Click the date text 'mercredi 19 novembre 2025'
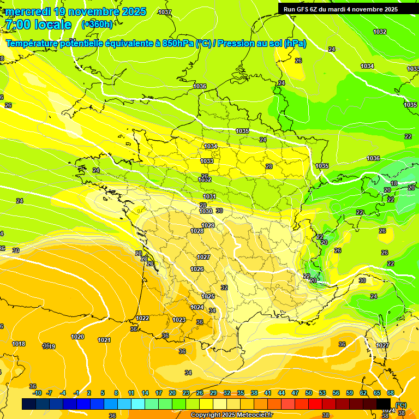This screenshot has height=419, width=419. [x=76, y=11]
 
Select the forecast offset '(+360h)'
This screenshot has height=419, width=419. [x=97, y=25]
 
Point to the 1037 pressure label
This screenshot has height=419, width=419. [x=164, y=12]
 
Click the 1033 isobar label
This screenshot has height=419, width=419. [x=207, y=161]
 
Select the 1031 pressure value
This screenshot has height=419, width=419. [x=209, y=196]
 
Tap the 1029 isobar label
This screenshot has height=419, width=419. [x=208, y=225]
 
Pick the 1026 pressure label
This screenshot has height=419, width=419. [x=197, y=269]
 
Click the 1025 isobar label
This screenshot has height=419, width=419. [x=208, y=296]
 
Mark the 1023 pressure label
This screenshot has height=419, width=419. [x=178, y=320]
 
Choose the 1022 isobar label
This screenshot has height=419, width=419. [x=142, y=318]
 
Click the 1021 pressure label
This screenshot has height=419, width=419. [x=104, y=340]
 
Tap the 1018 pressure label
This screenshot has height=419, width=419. [x=19, y=344]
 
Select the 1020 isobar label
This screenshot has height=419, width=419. [x=77, y=337]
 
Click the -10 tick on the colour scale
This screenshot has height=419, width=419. [x=37, y=393]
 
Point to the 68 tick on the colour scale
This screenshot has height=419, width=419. [x=391, y=393]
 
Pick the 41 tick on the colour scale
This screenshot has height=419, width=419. [x=268, y=393]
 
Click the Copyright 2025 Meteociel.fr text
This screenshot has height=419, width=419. [x=231, y=415]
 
